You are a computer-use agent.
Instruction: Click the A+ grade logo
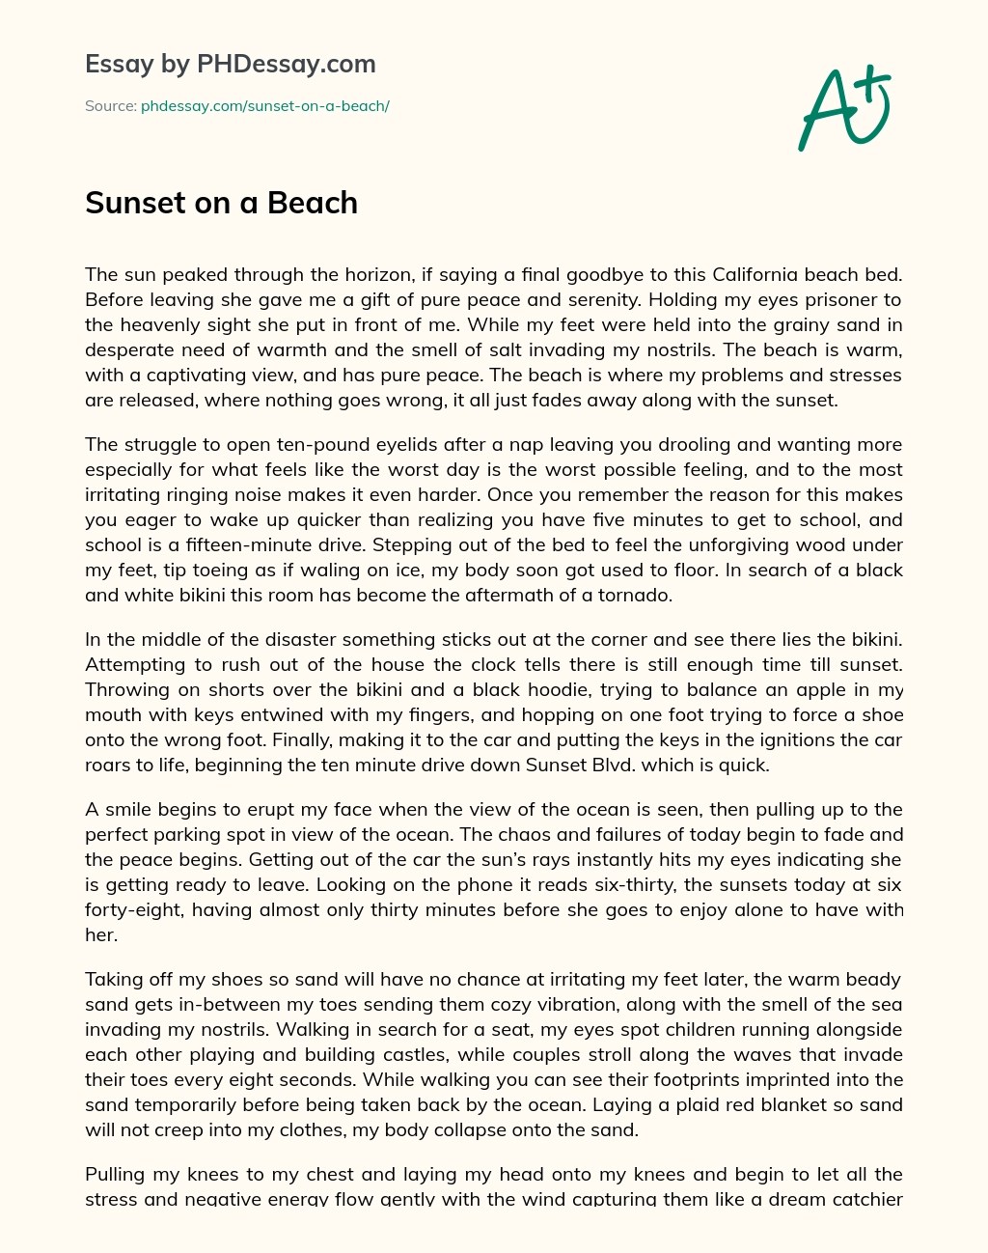(843, 107)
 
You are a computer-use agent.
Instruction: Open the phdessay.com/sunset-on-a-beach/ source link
(265, 106)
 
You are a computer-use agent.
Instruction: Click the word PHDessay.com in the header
(286, 65)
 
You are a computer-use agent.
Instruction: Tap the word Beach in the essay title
(313, 203)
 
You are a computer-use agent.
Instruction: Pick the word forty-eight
(131, 910)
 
